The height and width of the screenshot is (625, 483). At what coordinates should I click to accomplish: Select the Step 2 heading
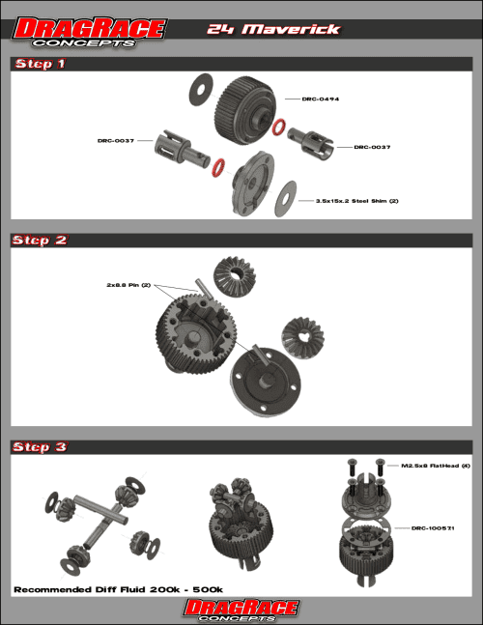click(40, 240)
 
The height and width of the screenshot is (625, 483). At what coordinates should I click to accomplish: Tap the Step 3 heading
click(40, 446)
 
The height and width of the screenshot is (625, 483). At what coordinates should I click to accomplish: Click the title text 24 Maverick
click(273, 29)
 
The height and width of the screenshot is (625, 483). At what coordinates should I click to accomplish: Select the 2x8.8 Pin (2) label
click(129, 285)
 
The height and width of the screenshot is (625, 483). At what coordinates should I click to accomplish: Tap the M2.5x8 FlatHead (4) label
click(432, 466)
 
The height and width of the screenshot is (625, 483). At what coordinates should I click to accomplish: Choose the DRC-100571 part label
click(433, 528)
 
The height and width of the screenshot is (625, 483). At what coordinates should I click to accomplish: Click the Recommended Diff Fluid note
click(118, 588)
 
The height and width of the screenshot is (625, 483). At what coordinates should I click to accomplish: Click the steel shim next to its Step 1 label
click(287, 198)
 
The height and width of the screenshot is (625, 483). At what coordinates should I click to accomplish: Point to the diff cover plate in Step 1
click(253, 183)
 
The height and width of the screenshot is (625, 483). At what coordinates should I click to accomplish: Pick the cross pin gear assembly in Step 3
click(97, 522)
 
